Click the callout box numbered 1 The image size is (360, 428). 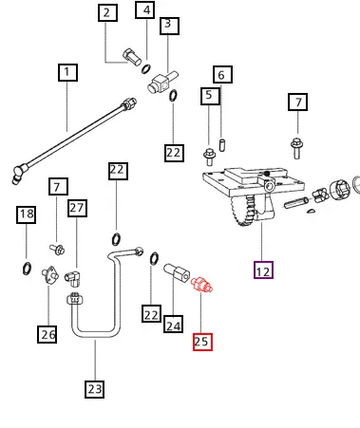click(68, 73)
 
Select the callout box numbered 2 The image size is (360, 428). click(108, 13)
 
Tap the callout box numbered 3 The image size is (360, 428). click(169, 26)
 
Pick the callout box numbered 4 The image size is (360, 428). click(145, 10)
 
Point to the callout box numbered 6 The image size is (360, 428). click(223, 75)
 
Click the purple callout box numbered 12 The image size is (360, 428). click(263, 270)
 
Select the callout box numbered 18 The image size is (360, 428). click(26, 215)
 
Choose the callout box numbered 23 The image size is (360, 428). click(94, 389)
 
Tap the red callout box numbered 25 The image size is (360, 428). click(202, 342)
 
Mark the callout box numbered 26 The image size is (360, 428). click(47, 334)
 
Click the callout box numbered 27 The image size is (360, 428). click(77, 208)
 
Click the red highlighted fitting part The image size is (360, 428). click(201, 285)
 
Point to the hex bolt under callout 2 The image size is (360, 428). click(132, 57)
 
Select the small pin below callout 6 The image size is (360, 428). click(222, 145)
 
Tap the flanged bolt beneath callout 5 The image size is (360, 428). click(209, 157)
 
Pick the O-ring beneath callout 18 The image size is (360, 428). click(27, 268)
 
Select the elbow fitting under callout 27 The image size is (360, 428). click(73, 278)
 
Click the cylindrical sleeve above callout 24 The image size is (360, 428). click(176, 271)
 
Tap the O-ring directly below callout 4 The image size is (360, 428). click(146, 69)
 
